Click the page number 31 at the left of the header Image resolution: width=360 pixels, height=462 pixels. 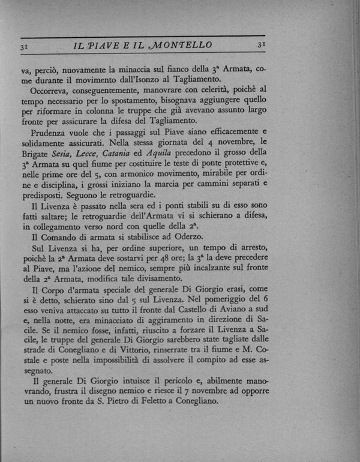coord(25,45)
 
